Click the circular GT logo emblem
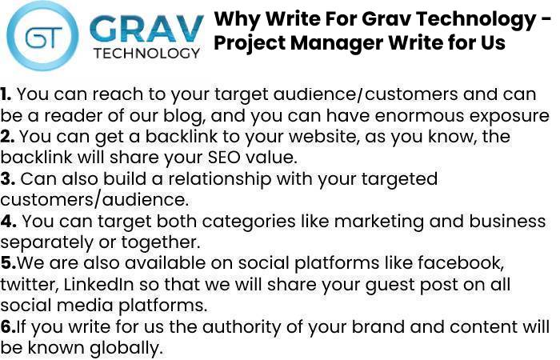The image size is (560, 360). (42, 36)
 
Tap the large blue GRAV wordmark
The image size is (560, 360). (146, 29)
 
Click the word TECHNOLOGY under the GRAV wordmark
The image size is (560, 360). (146, 54)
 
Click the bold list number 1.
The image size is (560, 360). (6, 94)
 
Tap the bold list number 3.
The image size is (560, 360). (7, 179)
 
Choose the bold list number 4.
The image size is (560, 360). (8, 221)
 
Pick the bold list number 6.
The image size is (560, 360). (8, 326)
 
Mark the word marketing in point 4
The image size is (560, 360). (378, 222)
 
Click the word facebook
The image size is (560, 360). (461, 263)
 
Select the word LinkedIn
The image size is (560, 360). (99, 284)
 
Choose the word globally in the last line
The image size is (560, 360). (126, 348)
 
